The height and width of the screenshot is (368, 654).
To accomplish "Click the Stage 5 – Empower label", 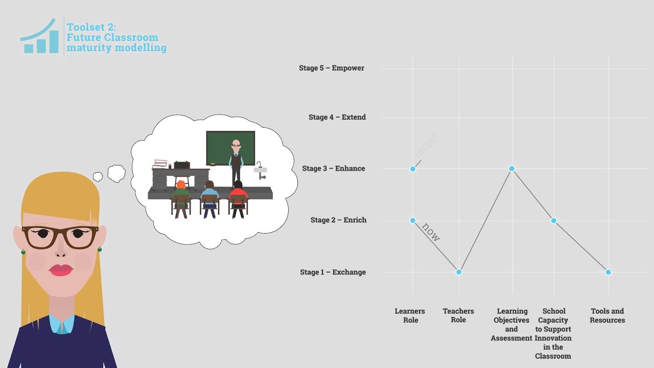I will point(332,68).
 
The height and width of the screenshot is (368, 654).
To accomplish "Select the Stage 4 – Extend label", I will point(337,117).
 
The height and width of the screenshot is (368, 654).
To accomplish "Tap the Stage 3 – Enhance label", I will point(334,168).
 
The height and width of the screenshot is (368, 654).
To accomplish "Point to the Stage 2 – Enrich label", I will point(338,220).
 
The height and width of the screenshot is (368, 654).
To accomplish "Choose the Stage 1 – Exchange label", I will point(333,272).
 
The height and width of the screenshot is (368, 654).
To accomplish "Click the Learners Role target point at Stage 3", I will point(413,169).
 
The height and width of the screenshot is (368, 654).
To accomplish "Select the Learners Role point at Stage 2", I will point(413,220).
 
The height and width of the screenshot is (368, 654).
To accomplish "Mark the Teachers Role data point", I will point(459,272).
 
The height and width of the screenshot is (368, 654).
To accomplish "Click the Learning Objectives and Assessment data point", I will point(511,169).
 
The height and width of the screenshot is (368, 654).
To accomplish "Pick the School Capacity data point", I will point(554,221).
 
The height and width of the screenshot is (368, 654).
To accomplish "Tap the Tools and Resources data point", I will point(608,272).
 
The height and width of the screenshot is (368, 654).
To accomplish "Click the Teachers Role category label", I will point(458,315).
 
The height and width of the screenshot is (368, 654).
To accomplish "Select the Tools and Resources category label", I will point(607,315).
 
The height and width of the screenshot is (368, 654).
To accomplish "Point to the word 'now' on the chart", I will point(431,233).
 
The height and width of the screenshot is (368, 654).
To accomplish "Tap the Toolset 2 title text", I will point(116,37).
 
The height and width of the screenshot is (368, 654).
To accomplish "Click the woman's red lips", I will point(61,270).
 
